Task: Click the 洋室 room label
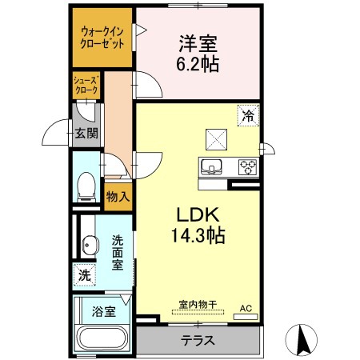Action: (198, 43)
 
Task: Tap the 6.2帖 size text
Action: (198, 64)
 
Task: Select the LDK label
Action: (198, 215)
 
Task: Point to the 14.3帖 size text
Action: (198, 235)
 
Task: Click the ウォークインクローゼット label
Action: (102, 38)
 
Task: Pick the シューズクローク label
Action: (86, 85)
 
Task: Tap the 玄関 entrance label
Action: (86, 134)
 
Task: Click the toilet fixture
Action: (86, 186)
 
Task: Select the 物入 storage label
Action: (118, 197)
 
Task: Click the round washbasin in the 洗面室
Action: (90, 244)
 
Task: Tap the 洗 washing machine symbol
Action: (85, 275)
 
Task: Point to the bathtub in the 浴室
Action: (102, 339)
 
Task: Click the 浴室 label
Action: (104, 311)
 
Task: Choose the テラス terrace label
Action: (198, 340)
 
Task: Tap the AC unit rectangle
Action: (246, 317)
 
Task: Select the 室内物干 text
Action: (198, 304)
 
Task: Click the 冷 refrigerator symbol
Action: (248, 115)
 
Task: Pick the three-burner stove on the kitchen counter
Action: (247, 167)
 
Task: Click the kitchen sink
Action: (212, 167)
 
